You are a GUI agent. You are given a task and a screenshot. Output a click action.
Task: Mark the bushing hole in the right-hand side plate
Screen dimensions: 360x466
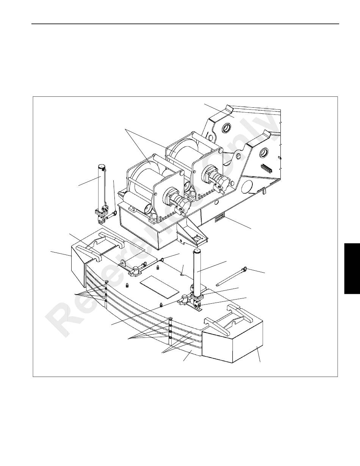(x=264, y=154)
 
